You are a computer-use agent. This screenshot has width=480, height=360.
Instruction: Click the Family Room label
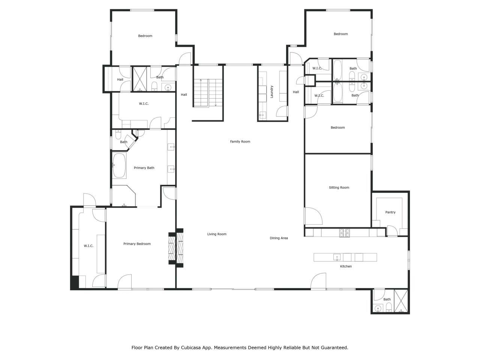(x=240, y=141)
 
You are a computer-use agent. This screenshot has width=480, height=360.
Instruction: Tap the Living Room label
(x=217, y=234)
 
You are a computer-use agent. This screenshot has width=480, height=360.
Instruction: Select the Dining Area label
(x=279, y=238)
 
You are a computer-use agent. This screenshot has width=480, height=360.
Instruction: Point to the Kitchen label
(x=346, y=266)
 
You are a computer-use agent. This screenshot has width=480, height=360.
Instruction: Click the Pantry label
(x=390, y=212)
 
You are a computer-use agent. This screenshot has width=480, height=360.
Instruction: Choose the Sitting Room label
(x=339, y=187)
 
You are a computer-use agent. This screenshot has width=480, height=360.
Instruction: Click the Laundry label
(x=272, y=92)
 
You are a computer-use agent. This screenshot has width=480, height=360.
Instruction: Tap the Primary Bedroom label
(x=137, y=244)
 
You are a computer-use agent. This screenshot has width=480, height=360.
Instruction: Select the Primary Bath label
(x=144, y=168)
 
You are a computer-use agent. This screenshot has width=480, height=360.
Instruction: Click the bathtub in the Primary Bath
(x=120, y=165)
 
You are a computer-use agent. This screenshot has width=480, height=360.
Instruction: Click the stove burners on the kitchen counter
(x=345, y=233)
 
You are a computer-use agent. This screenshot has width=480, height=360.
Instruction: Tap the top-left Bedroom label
(x=145, y=36)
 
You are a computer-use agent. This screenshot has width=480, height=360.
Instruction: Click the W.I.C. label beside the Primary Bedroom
(x=88, y=246)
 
